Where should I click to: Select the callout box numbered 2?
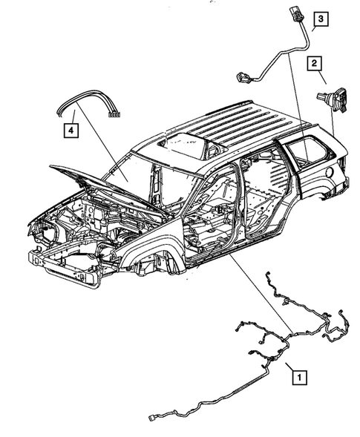[x=315, y=64]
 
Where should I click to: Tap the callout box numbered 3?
[x=321, y=19]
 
